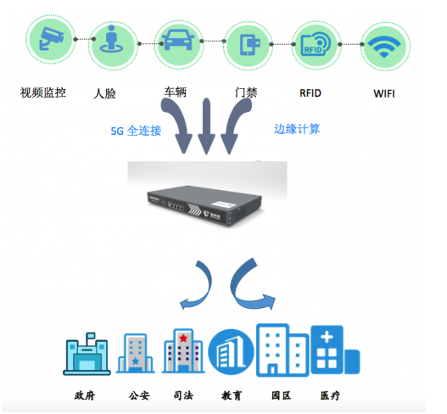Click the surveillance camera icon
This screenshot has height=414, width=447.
coord(52,38)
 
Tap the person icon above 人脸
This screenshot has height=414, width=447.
coord(111,39)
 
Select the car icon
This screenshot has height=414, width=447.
coord(178,40)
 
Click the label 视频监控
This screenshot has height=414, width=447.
coord(43,92)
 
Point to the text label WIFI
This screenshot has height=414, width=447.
coord(384,93)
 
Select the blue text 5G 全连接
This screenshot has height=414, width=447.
coord(136,131)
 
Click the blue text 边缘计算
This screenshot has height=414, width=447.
coord(297,129)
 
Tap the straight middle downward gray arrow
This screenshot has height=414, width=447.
coord(206,126)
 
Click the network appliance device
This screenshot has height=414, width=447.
coord(204,205)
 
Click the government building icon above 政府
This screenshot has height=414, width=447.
coord(87,354)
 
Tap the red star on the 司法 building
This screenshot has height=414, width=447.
coord(183,338)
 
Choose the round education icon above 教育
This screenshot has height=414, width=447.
coord(231,352)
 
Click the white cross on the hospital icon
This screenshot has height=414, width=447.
coord(327,338)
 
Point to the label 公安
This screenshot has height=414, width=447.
coord(139,395)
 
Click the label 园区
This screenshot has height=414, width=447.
coord(281,395)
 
